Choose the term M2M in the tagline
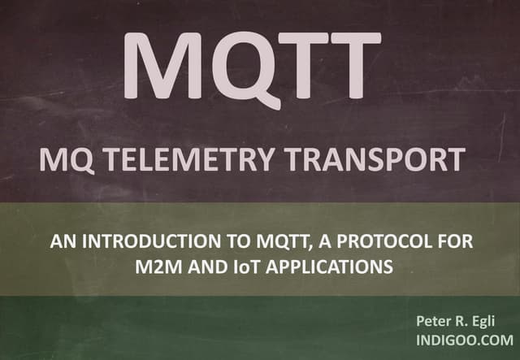click(x=156, y=265)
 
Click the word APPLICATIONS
click(x=320, y=265)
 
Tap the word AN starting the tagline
click(x=60, y=242)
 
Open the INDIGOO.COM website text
click(x=465, y=340)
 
